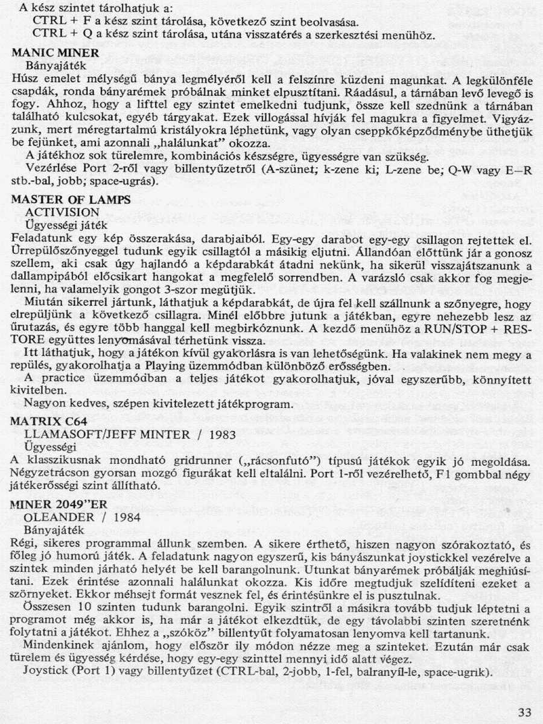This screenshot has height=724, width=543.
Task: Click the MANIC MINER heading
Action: click(x=56, y=52)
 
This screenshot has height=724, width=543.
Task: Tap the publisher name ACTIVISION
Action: click(x=62, y=212)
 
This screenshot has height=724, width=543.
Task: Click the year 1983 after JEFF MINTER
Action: click(x=211, y=434)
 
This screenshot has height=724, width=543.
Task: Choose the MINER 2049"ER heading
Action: click(x=62, y=505)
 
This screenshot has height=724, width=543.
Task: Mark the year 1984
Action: click(x=124, y=516)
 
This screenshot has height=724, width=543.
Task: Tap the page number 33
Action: click(x=524, y=713)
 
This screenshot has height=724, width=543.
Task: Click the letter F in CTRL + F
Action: click(x=80, y=21)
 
